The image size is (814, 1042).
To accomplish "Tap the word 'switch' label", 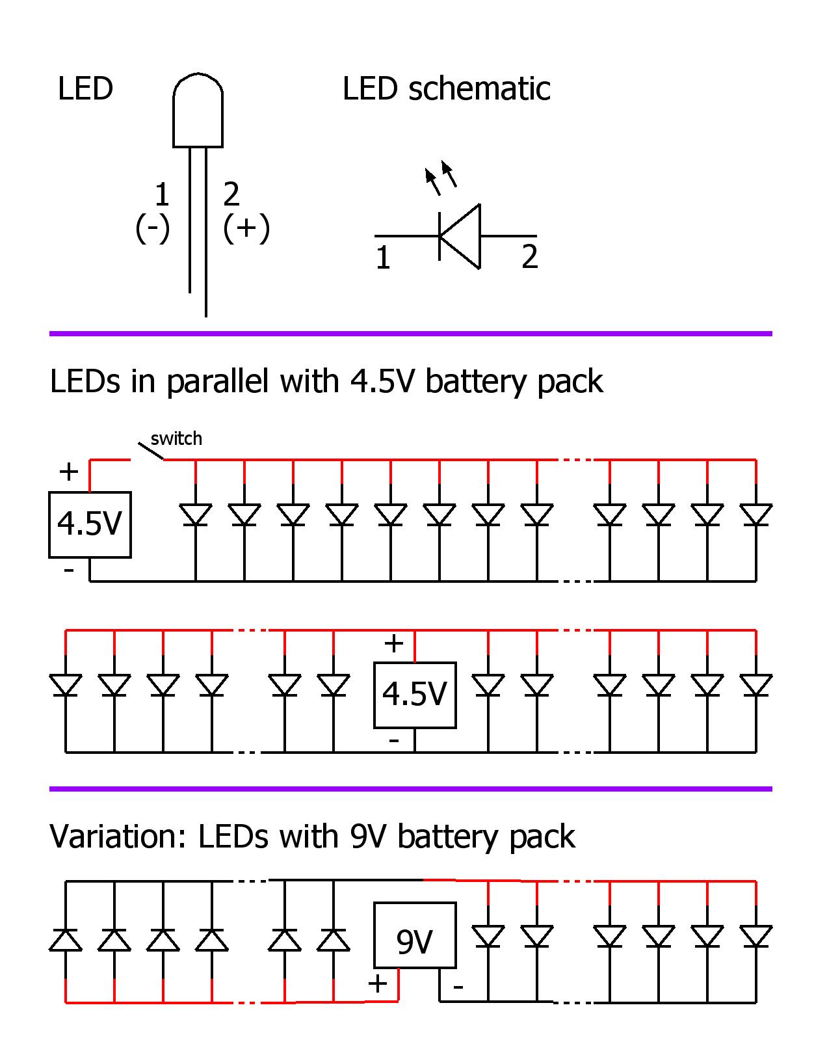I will (x=176, y=438).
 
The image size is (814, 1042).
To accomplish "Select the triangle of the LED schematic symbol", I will (x=461, y=236).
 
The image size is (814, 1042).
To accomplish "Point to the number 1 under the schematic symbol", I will (x=383, y=258).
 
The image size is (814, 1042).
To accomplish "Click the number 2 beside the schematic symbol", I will (x=530, y=257).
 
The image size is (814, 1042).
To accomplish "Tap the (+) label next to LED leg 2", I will (x=246, y=228).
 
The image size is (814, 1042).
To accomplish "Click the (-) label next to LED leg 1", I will (x=153, y=228).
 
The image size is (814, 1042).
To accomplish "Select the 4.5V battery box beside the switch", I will (x=90, y=524).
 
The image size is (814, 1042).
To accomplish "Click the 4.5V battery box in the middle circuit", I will (x=415, y=695).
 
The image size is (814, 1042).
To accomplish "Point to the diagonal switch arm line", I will (x=150, y=451).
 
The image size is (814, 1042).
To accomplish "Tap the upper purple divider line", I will (x=410, y=334).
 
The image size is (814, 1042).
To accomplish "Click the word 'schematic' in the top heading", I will (x=479, y=88).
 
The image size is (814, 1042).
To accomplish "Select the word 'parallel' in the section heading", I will (x=217, y=381).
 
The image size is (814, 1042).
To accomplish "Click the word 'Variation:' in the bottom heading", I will (x=118, y=836).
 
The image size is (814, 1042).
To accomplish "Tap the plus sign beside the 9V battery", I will (x=377, y=983).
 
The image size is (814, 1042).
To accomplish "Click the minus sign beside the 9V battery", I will (x=458, y=987).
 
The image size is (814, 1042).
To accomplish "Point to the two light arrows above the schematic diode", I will (x=440, y=178).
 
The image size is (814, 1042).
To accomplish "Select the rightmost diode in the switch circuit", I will (x=756, y=515).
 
